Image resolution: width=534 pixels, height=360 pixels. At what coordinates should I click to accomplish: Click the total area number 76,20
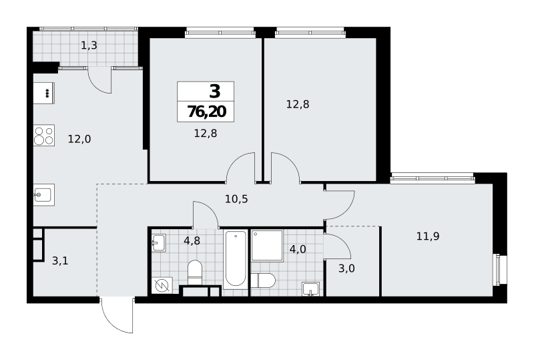pos(207,112)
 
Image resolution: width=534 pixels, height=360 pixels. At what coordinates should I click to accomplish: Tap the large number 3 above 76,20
pos(215,92)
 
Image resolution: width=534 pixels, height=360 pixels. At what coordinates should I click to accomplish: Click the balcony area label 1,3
pos(89,45)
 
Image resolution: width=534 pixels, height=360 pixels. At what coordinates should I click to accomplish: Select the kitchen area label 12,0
pos(79,139)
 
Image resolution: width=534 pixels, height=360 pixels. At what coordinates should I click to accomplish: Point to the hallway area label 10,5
pos(236,199)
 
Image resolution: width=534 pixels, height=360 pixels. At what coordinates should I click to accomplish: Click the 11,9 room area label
pos(428,236)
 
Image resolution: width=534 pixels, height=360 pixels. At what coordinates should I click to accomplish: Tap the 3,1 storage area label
pos(60,261)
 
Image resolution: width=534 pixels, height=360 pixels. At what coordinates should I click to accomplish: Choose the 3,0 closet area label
pos(346,268)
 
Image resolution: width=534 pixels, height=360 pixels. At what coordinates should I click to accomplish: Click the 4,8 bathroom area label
pos(192,240)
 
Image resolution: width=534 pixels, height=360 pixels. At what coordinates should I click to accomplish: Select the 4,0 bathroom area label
pos(298,249)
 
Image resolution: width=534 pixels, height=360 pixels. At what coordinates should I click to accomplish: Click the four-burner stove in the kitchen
pos(44,136)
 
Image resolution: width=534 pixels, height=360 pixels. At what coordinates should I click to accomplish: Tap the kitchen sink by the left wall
pos(44,195)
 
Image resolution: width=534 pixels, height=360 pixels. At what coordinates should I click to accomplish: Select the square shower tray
pos(268,246)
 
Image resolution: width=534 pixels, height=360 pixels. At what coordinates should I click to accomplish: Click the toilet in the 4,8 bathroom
pos(195,273)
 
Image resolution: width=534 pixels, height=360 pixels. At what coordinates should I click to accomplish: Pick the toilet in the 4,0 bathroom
pos(263,281)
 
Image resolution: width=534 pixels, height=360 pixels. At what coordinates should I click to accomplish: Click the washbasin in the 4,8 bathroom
pos(159,242)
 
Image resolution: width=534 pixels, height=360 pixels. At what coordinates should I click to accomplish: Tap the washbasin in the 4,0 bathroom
pos(310,289)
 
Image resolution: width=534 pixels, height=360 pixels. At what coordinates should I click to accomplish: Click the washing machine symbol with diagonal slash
pos(162,286)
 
